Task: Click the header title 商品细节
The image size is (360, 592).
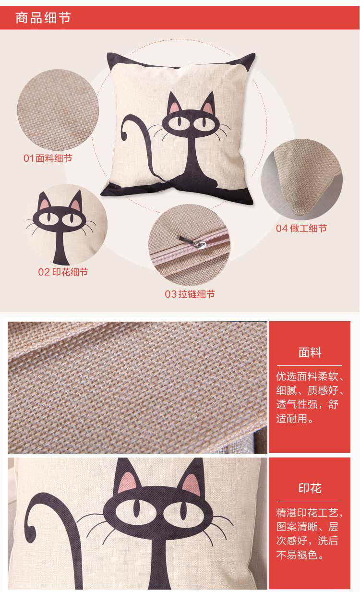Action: [43, 18]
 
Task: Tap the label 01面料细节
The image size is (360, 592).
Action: [48, 158]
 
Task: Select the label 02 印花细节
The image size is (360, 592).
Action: [63, 272]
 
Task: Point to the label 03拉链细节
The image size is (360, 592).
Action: [190, 294]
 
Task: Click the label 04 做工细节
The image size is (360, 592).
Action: [301, 229]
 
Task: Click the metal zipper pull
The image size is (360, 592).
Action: [192, 242]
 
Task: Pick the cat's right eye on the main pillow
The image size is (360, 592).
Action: [204, 123]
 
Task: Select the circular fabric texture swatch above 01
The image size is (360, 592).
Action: [58, 110]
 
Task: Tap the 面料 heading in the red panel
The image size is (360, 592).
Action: [310, 352]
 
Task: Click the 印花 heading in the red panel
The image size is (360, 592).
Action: [310, 488]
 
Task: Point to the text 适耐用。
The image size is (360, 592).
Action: [295, 418]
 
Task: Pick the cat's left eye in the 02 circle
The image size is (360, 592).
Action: [48, 218]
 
